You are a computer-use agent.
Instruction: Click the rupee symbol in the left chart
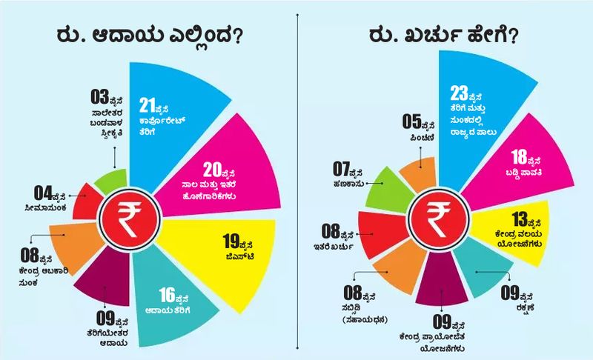click(x=127, y=217)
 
